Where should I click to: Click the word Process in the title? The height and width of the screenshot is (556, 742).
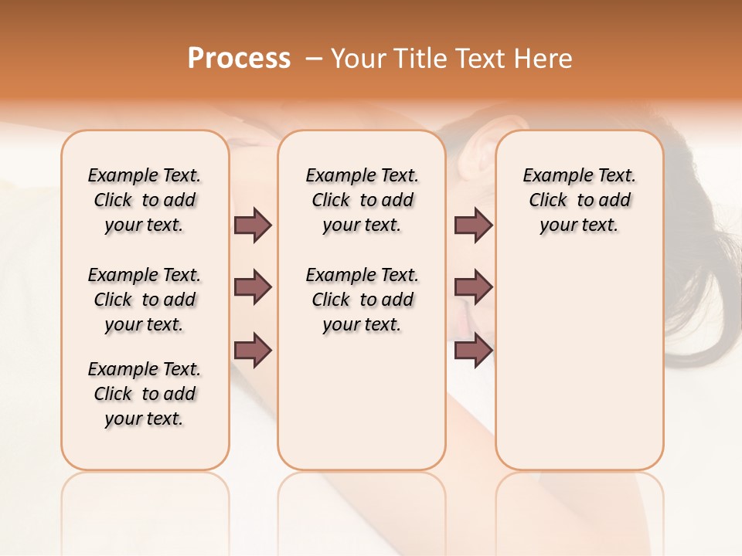pyautogui.click(x=239, y=59)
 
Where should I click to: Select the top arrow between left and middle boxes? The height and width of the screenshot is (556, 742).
pyautogui.click(x=253, y=225)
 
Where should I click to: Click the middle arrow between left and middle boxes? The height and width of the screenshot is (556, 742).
pyautogui.click(x=253, y=287)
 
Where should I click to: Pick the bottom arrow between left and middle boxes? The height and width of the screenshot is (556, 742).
pyautogui.click(x=253, y=349)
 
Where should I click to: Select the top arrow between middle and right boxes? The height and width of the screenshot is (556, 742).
pyautogui.click(x=473, y=225)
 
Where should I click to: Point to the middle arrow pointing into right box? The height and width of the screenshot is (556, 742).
pyautogui.click(x=473, y=287)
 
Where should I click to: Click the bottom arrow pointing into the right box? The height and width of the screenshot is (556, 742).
pyautogui.click(x=473, y=349)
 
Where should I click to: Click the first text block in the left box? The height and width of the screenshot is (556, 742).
pyautogui.click(x=145, y=200)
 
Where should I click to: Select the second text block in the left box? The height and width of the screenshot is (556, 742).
pyautogui.click(x=145, y=300)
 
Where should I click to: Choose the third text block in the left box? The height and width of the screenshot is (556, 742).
pyautogui.click(x=145, y=394)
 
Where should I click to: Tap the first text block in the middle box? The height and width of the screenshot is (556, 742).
pyautogui.click(x=362, y=200)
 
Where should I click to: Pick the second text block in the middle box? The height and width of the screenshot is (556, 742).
pyautogui.click(x=362, y=300)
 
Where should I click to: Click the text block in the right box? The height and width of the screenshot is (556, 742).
pyautogui.click(x=580, y=200)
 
